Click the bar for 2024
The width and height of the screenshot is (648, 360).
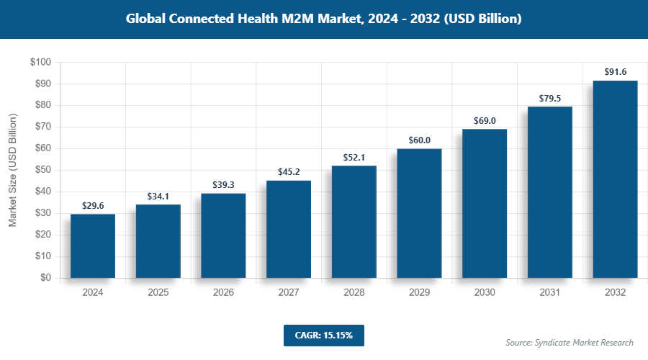(93, 246)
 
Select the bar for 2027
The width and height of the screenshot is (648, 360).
(289, 229)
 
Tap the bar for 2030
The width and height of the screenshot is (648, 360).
(485, 203)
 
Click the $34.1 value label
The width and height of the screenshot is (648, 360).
(158, 195)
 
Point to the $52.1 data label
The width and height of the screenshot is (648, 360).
(354, 157)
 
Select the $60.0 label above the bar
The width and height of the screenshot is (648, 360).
(419, 140)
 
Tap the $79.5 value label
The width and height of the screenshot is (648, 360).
(550, 98)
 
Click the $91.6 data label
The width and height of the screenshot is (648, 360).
(615, 72)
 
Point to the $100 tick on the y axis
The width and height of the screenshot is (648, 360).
(40, 63)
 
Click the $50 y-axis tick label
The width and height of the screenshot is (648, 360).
(42, 170)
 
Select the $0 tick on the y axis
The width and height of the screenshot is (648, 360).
(45, 278)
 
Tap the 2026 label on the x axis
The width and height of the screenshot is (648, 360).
(223, 293)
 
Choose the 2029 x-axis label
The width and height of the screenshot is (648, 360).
(419, 293)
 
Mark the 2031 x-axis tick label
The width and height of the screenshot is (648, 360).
(550, 293)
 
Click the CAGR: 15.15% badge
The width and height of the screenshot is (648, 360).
(324, 335)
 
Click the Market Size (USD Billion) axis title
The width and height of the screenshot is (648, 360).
(12, 170)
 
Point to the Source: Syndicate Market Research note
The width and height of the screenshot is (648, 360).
(570, 342)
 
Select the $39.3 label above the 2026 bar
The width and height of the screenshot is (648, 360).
(223, 184)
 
